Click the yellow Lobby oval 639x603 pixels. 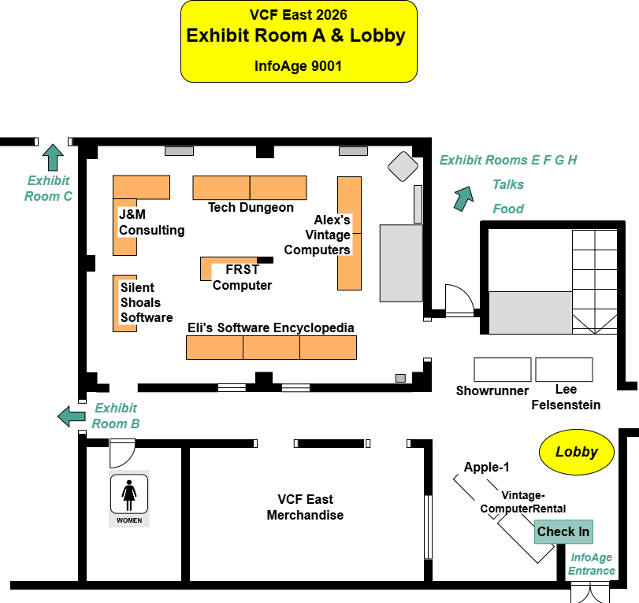point(576,453)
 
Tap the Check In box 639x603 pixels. point(563,531)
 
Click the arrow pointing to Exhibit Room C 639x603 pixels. point(54,157)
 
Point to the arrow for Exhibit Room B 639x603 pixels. point(72,415)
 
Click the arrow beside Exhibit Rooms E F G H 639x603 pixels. point(463,198)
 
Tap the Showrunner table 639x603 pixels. point(503,369)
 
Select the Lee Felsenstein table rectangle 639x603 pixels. point(563,369)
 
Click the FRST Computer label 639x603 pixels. point(243,277)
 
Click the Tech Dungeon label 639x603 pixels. point(251,208)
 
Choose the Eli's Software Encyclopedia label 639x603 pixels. point(270,327)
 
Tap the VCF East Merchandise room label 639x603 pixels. point(305,508)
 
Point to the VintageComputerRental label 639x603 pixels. point(523,501)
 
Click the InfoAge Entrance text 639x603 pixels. point(592,564)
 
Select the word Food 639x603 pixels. point(508,209)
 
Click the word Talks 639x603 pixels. point(508,184)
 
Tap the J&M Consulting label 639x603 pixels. point(151,222)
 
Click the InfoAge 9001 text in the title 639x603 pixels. point(298,66)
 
